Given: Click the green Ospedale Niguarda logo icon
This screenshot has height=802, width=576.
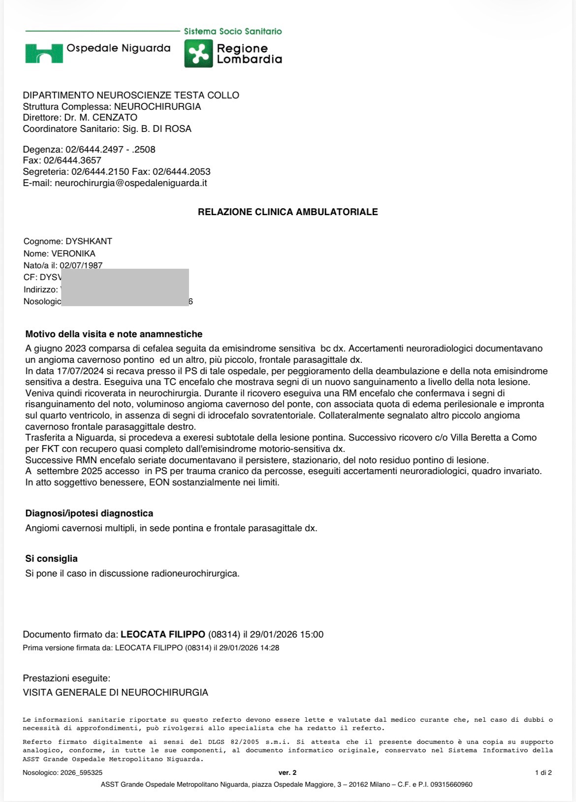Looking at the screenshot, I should [x=44, y=53].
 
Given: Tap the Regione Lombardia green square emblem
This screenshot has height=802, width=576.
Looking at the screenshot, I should [x=198, y=53].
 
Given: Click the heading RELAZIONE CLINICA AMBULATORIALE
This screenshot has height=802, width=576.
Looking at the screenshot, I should [x=288, y=212].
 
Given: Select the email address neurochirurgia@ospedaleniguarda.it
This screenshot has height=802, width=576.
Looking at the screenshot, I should [x=130, y=183].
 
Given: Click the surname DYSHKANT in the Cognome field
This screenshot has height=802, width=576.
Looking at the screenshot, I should [x=89, y=241].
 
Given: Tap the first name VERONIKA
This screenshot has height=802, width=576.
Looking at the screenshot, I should [x=73, y=254].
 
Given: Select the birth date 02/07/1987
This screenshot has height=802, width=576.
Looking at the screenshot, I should [x=81, y=265].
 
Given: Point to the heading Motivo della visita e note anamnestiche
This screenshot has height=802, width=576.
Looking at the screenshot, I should [x=114, y=334].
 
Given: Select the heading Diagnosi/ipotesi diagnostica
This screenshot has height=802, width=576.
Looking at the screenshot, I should [x=89, y=513].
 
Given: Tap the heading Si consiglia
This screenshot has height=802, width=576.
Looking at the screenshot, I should [x=51, y=559].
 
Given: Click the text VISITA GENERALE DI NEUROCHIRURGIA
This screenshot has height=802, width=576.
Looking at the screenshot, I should [x=115, y=693].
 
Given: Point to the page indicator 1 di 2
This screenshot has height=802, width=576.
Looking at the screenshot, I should [x=543, y=773].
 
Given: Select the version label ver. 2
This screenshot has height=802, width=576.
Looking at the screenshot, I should [x=288, y=773].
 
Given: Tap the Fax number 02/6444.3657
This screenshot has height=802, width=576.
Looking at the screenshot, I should [x=72, y=160].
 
